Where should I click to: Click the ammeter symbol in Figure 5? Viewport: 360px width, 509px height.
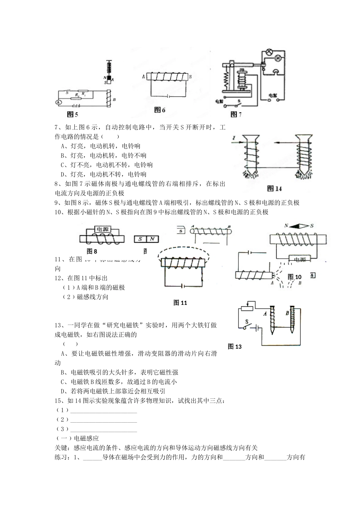pyautogui.click(x=58, y=102)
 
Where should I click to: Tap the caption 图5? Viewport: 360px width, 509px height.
pyautogui.click(x=72, y=114)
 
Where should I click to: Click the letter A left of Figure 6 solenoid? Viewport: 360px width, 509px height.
pyautogui.click(x=144, y=76)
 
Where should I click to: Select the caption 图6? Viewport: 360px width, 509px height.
pyautogui.click(x=160, y=110)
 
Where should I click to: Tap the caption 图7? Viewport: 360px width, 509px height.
pyautogui.click(x=236, y=114)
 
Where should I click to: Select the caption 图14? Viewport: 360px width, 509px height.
pyautogui.click(x=274, y=189)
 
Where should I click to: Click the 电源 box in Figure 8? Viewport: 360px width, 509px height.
pyautogui.click(x=102, y=229)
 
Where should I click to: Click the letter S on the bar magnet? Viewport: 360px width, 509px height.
pyautogui.click(x=141, y=239)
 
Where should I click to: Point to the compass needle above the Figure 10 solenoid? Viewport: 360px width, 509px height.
pyautogui.click(x=298, y=226)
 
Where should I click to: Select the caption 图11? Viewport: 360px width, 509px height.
pyautogui.click(x=180, y=303)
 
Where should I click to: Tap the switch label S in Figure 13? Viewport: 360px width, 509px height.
pyautogui.click(x=247, y=322)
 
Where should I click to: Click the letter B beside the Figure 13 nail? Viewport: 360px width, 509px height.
pyautogui.click(x=287, y=313)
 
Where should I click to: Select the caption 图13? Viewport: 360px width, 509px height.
pyautogui.click(x=235, y=346)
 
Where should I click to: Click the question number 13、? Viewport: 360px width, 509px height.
pyautogui.click(x=59, y=325)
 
